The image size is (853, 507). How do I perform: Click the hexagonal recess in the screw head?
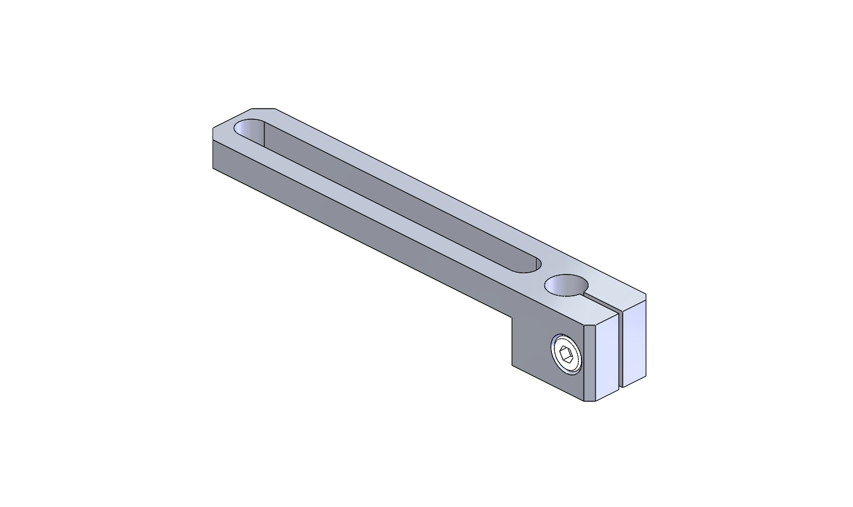pos(567,355)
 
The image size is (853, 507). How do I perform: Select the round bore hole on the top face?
pos(566,285)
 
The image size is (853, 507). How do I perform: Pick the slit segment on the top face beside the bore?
pos(602,300)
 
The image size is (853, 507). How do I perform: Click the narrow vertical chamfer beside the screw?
pos(589,363)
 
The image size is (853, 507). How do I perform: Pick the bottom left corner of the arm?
pos(213,168)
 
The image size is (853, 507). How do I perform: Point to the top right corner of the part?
pos(646,295)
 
